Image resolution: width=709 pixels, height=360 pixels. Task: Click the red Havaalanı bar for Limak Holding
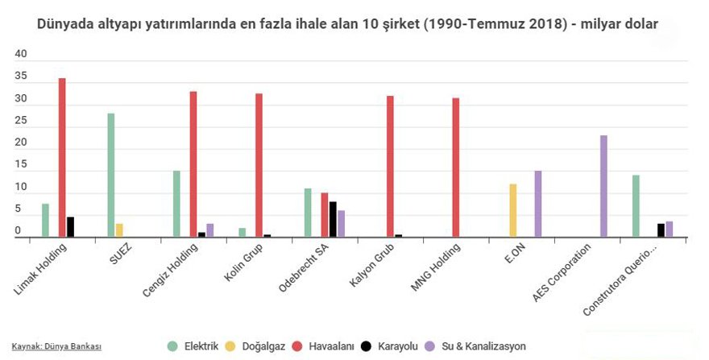point(62,158)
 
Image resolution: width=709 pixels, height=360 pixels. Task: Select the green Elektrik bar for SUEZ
point(111,176)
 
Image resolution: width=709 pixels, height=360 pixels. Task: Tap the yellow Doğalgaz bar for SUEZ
point(119,230)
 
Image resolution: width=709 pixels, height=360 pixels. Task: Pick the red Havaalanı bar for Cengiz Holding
point(193,164)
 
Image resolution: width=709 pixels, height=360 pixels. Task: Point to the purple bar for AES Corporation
point(603,186)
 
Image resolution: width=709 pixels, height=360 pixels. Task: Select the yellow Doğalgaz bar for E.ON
point(513,210)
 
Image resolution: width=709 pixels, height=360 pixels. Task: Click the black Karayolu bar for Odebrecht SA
point(333,219)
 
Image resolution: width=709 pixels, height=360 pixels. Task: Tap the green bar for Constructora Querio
point(636,206)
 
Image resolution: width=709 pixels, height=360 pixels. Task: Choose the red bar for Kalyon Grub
point(390,167)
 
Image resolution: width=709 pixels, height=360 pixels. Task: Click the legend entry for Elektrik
point(193,346)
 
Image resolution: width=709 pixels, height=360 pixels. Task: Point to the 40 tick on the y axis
point(22,54)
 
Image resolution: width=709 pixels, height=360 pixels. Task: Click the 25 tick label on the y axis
point(22,121)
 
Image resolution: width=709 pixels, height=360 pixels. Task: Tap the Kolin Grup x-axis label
point(243,265)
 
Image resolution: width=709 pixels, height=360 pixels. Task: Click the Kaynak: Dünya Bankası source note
point(56,346)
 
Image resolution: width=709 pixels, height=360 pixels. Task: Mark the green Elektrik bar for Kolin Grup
point(243,233)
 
